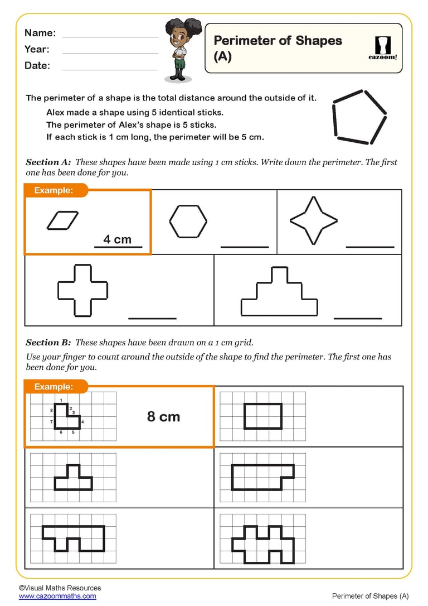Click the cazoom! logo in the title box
click(x=384, y=47)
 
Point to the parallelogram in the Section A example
click(x=62, y=220)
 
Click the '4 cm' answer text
click(x=117, y=239)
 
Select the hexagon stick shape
click(x=188, y=221)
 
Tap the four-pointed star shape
click(x=314, y=220)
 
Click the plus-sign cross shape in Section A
click(x=82, y=290)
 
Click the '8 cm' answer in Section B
click(x=163, y=416)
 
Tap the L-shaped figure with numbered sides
click(x=67, y=416)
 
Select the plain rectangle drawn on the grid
click(x=263, y=416)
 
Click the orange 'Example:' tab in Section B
click(x=55, y=387)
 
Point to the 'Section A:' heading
click(x=48, y=162)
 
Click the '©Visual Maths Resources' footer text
click(x=60, y=588)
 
